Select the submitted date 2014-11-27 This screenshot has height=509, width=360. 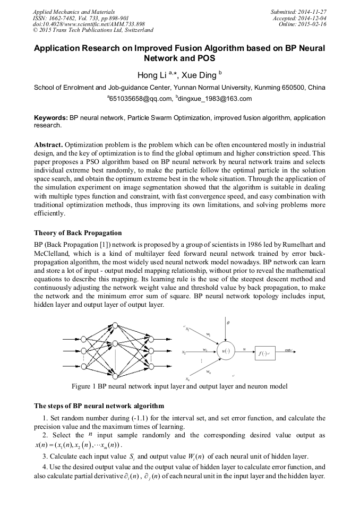click(312, 11)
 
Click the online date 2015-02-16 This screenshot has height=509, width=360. click(312, 24)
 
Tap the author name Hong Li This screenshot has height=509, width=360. click(151, 75)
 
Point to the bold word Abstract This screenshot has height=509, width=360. click(49, 145)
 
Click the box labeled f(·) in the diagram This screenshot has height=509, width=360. click(263, 352)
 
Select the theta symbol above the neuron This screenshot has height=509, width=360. click(228, 323)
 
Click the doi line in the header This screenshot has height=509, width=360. click(89, 24)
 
